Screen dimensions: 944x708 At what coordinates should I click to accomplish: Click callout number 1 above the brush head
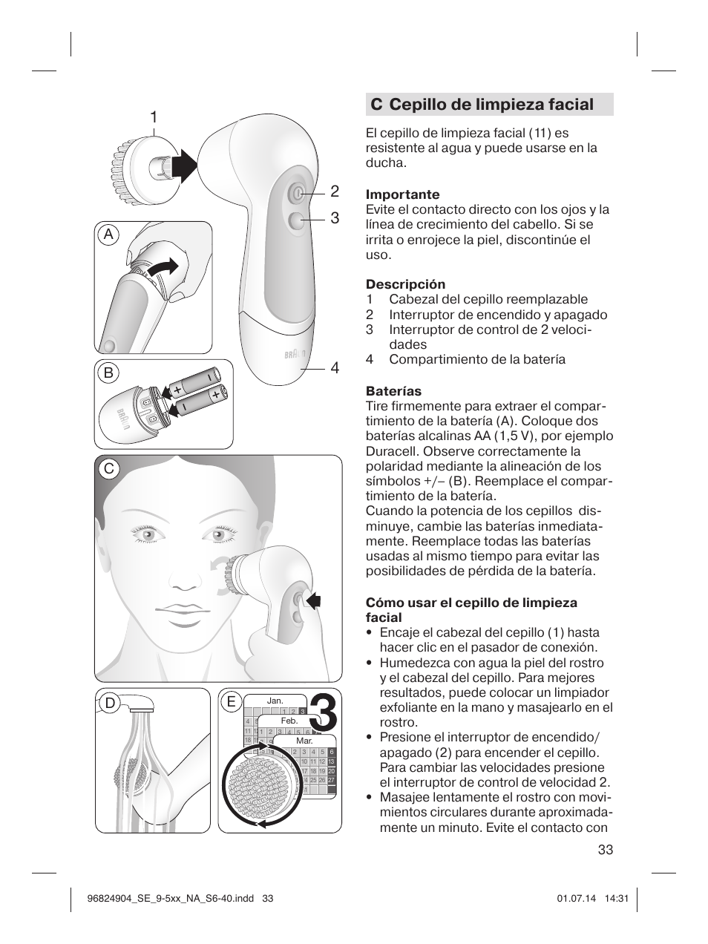154,117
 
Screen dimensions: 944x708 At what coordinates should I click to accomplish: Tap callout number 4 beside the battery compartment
335,368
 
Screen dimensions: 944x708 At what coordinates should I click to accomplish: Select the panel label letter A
109,235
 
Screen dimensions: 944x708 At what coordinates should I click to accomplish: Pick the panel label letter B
109,373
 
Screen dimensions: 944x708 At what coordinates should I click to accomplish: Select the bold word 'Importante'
402,195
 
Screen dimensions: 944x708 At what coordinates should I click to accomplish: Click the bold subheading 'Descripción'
405,284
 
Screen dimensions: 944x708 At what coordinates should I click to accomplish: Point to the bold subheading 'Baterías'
393,391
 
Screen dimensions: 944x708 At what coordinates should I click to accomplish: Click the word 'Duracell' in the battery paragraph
390,451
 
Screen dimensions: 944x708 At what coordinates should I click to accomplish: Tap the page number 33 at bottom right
604,850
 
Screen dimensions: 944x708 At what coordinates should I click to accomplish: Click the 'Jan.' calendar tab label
275,701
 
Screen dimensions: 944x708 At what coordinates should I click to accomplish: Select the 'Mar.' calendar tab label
304,741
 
